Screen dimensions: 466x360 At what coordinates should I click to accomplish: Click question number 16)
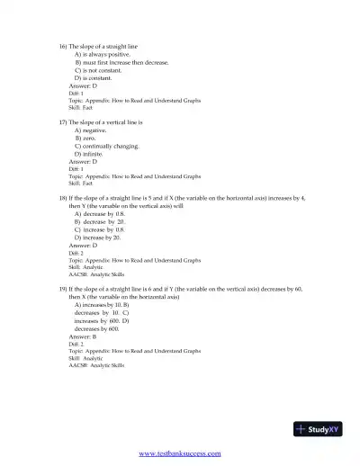pos(63,46)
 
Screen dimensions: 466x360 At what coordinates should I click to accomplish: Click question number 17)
pos(63,121)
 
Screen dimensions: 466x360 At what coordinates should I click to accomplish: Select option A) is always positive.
pos(103,54)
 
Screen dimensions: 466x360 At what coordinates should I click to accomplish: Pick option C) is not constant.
pos(100,70)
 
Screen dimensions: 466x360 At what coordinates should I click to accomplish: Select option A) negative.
pos(93,130)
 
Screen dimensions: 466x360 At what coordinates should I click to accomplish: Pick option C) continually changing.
pos(107,146)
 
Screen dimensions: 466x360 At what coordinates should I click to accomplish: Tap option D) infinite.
pos(89,154)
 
